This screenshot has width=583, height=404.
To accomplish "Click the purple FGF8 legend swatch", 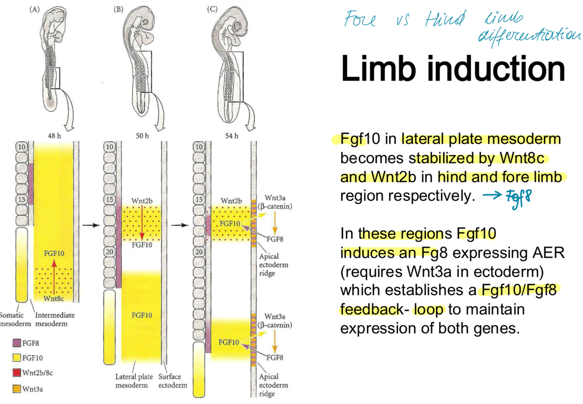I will click(17, 343).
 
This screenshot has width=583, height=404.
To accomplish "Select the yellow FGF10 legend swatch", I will click(17, 358).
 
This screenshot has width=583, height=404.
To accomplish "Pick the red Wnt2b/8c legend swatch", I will click(17, 373).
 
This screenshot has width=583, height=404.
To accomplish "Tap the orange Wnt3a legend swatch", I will click(17, 388).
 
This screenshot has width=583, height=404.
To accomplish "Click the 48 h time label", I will click(54, 136).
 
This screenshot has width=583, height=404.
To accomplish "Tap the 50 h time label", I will click(142, 136).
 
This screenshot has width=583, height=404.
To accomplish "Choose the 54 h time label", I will click(232, 136).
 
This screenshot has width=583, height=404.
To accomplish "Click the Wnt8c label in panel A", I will click(54, 298).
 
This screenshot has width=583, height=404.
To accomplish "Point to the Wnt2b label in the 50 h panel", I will click(142, 201).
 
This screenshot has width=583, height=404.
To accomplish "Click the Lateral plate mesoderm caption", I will click(131, 380).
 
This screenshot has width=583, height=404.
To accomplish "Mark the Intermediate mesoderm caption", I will click(55, 319).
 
